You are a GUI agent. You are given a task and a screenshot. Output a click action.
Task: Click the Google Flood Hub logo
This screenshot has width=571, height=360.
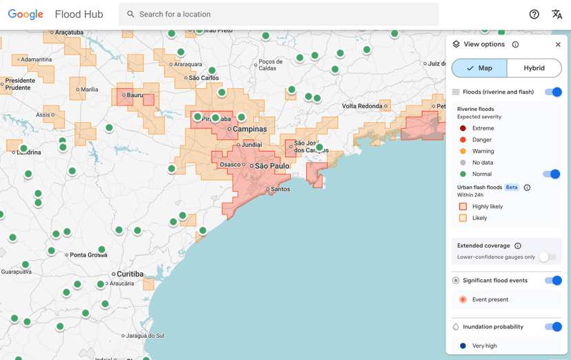coord(55,14)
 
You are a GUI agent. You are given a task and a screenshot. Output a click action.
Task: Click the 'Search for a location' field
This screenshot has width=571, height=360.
coord(279,14)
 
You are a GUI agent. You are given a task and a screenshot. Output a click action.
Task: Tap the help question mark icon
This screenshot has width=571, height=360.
coord(534,14)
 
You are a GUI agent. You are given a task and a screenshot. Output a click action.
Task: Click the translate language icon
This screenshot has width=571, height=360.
coord(557,14)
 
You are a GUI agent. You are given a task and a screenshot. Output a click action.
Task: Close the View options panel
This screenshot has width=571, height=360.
coord(558,45)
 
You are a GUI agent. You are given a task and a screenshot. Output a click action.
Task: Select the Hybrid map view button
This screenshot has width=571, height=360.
coord(534,68)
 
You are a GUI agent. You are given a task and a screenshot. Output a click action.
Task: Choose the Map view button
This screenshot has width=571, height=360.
coord(479,68)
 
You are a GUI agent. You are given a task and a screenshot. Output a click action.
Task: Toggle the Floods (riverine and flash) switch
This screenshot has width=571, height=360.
coord(553,92)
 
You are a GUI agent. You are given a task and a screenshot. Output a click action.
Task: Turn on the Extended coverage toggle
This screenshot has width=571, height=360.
coord(548,257)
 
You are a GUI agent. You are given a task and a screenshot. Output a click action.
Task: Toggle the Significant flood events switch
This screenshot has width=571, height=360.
coord(553,281)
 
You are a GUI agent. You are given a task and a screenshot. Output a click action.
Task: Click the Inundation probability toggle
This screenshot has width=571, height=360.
coord(553,327)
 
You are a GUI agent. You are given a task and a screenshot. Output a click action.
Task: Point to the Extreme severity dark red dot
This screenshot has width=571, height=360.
coord(463,128)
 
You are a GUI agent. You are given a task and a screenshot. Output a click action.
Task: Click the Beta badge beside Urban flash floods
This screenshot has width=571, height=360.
coord(511,188)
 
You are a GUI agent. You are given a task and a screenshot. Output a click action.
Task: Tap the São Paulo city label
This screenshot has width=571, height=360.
coord(272,166)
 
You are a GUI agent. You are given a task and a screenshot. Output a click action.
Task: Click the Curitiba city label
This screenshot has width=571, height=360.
coord(130,274)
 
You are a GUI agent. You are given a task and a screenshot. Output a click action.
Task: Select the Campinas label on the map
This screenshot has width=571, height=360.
coord(250,129)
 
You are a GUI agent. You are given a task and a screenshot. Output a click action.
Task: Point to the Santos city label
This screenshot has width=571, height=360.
coord(281,189)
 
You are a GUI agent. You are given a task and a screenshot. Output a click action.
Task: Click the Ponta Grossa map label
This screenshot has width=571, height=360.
coord(88,255)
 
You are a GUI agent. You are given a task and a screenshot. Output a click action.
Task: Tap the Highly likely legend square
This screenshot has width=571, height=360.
coord(463,206)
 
